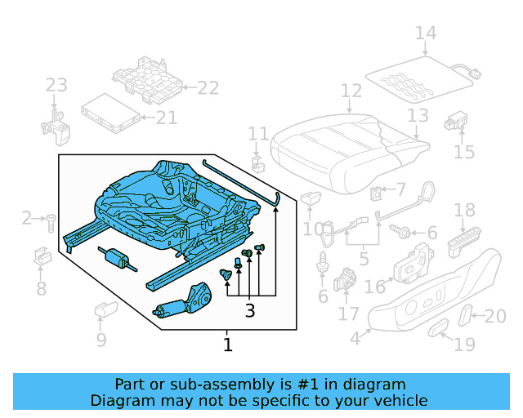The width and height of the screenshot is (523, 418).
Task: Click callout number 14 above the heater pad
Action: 425,33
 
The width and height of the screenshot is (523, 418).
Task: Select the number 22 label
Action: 208,88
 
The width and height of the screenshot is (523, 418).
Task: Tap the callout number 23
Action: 56,85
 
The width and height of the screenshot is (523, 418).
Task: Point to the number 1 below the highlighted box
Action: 228,345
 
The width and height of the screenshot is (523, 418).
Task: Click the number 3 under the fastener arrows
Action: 250,310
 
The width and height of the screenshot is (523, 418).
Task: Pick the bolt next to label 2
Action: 51,218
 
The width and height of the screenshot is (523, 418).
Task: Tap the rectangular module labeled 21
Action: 109,110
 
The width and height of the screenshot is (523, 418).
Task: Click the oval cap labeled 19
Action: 438,329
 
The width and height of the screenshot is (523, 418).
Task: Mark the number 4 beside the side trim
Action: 355,338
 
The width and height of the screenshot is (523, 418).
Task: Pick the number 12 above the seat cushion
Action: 351,91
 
